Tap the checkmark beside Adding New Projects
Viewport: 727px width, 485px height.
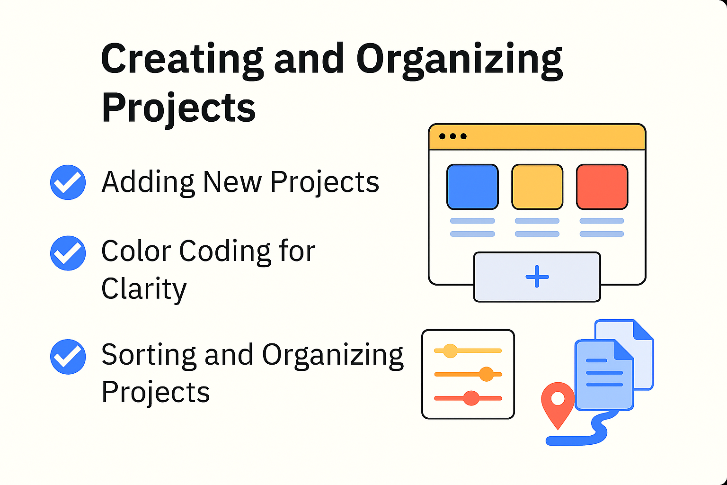coord(68,182)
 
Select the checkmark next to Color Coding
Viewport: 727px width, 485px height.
coord(68,253)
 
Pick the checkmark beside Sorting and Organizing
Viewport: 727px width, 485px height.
coord(68,357)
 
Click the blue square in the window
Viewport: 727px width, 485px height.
coord(472,187)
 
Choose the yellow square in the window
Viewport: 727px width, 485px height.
coord(537,187)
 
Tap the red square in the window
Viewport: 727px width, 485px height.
coord(602,187)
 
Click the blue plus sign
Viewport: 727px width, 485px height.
coord(537,277)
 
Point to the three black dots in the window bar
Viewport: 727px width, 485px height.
coord(453,136)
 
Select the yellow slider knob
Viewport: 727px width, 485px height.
coord(450,350)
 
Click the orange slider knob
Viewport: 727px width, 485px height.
coord(486,374)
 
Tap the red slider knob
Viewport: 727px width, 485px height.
coord(471,398)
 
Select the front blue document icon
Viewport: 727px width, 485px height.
coord(604,375)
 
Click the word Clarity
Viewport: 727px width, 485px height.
coord(144,289)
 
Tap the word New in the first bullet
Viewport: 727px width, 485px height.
coord(232,181)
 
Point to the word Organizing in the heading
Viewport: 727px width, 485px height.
coord(460,61)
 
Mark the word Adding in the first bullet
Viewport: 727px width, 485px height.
coord(148,182)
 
